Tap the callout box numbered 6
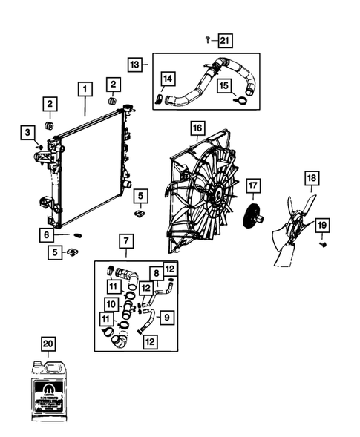(47, 234)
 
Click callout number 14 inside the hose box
(168, 79)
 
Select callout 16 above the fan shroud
(197, 128)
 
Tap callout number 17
(253, 185)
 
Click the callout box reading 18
(311, 178)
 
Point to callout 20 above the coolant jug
(48, 344)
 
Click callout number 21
(226, 39)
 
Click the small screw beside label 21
(207, 39)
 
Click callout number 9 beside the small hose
(166, 319)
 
